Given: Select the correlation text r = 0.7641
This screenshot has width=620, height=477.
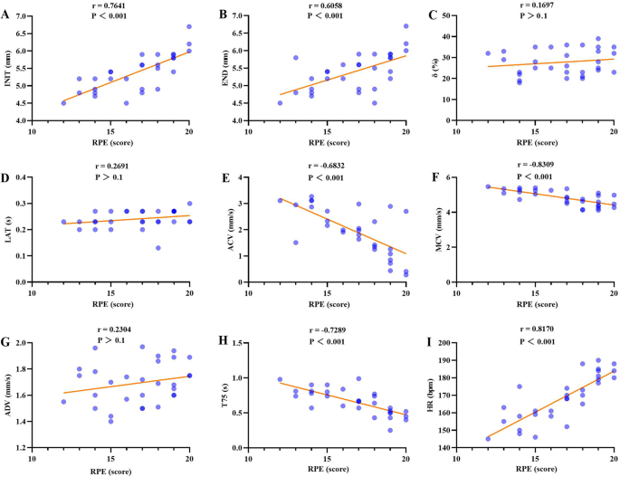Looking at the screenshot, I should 113,5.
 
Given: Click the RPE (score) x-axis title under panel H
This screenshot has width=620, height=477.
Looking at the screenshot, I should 320,470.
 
